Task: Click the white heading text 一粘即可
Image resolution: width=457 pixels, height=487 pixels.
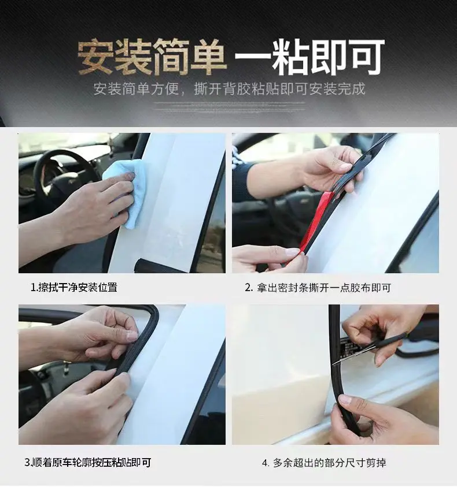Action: (310, 57)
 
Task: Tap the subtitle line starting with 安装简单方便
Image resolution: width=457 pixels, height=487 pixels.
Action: (229, 89)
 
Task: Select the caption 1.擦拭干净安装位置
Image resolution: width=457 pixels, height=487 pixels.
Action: (74, 287)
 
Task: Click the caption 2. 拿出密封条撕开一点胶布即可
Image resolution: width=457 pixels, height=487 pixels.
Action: (318, 288)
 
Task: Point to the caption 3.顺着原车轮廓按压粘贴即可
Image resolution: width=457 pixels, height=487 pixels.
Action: (88, 463)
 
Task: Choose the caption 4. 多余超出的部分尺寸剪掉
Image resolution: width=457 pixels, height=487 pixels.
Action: (324, 463)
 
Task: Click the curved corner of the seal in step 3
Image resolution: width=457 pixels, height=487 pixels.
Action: (153, 314)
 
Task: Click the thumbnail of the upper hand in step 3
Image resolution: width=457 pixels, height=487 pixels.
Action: (132, 336)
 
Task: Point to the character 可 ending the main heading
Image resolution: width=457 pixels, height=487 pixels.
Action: (367, 57)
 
